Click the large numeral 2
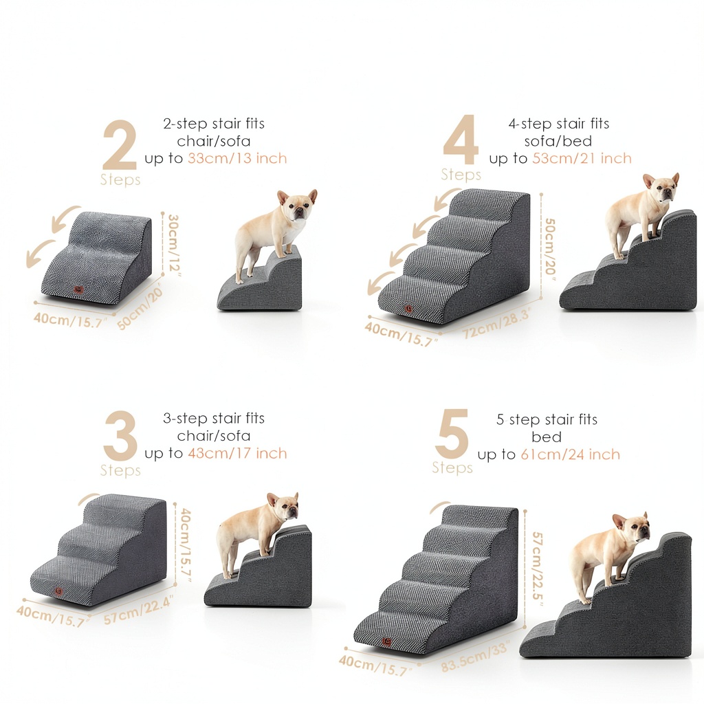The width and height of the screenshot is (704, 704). [x=120, y=144]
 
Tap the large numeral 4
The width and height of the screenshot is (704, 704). [x=461, y=140]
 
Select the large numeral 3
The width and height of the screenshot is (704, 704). [x=120, y=435]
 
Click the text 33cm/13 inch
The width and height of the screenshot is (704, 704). [x=237, y=159]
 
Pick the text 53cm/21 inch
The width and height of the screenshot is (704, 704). [x=582, y=159]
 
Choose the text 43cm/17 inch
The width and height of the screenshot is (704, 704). [x=237, y=454]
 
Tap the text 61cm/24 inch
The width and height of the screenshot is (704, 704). [x=570, y=455]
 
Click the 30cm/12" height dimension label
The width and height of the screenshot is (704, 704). [x=173, y=245]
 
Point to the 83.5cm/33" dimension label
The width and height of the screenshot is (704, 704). [x=475, y=657]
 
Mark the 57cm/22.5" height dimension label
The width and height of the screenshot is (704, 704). [x=538, y=566]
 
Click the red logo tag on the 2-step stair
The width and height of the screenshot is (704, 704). [x=79, y=291]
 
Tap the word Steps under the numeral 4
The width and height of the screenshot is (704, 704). [x=461, y=174]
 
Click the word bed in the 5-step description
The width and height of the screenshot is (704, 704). [x=547, y=437]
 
